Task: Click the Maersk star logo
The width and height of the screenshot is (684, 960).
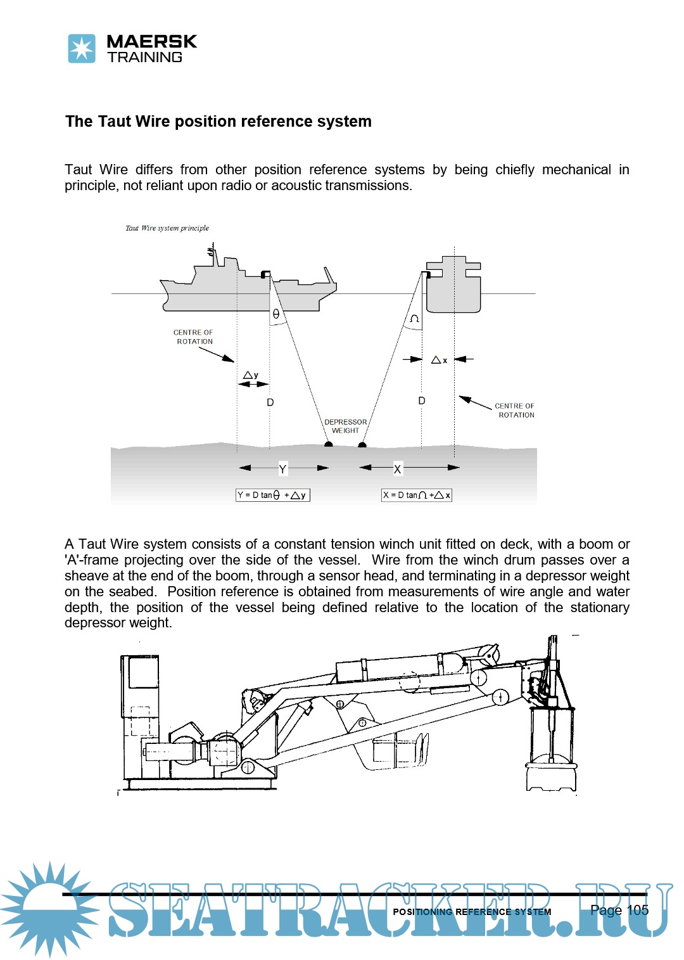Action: tap(82, 49)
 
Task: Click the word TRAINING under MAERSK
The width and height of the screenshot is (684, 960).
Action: tap(145, 57)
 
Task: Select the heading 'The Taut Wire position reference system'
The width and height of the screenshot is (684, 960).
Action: tap(218, 121)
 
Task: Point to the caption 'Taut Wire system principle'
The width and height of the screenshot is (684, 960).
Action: tap(167, 228)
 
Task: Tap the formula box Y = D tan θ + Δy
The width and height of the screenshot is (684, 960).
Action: tap(273, 495)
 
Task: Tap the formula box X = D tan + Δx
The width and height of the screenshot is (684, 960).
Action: tap(416, 495)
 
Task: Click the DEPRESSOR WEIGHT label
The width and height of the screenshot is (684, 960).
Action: tap(346, 426)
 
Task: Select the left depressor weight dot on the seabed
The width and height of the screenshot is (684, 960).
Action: tap(328, 445)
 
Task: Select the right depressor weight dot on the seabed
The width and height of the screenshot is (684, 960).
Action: tap(362, 445)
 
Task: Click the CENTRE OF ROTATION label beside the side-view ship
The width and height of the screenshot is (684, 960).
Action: tap(194, 336)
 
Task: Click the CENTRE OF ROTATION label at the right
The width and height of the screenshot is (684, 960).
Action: tap(516, 410)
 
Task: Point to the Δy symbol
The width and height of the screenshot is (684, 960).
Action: tap(251, 375)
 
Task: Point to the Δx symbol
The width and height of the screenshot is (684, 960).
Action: tap(439, 360)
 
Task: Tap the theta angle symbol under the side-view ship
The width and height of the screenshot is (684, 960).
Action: tap(276, 314)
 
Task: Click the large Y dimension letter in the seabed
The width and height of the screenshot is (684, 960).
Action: tap(282, 469)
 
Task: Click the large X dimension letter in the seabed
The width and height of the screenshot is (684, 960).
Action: tap(397, 469)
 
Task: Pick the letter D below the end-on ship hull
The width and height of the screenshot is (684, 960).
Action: tap(422, 400)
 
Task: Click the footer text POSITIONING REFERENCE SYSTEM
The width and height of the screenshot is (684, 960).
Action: tap(472, 912)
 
